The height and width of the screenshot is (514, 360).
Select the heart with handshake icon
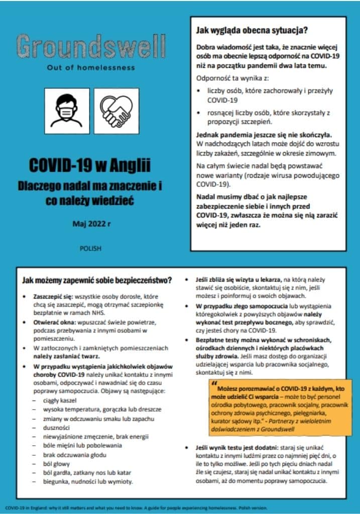116,110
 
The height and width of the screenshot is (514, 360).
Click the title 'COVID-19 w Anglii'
90,165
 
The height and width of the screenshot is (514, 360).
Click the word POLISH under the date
90,248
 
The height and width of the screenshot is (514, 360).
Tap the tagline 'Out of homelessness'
90,67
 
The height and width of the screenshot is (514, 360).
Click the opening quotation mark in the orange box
214,389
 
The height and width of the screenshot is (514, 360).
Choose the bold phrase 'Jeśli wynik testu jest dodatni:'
232,447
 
